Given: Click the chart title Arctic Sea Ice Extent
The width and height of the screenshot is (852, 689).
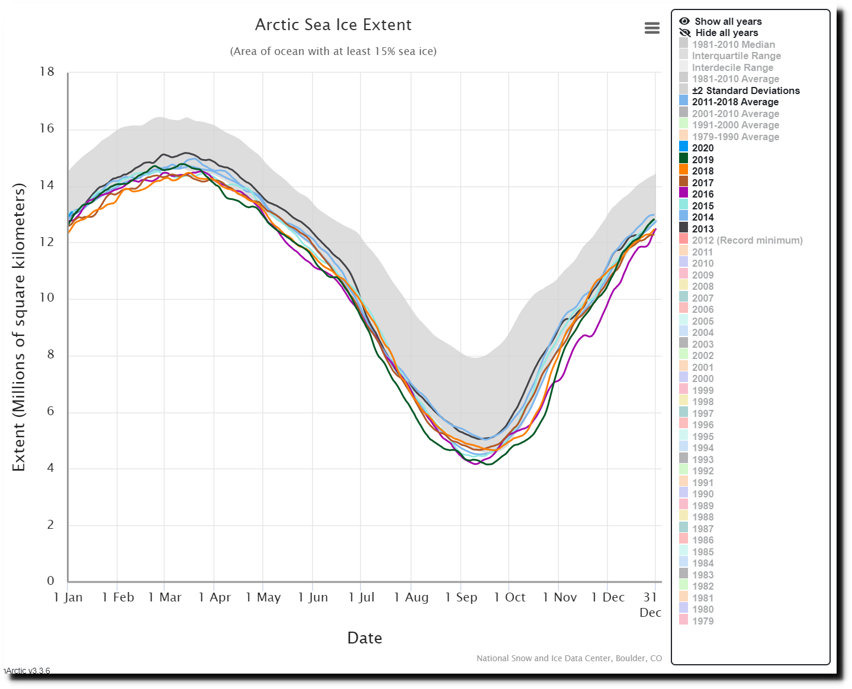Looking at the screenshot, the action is pyautogui.click(x=333, y=25).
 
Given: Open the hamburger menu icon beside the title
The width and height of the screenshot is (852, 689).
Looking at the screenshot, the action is pyautogui.click(x=652, y=28).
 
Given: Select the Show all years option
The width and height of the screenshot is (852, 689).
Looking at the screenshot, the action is pyautogui.click(x=721, y=21).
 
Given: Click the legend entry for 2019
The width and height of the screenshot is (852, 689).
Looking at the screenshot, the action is pyautogui.click(x=696, y=159).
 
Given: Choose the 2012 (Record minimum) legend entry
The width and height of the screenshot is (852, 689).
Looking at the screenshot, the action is pyautogui.click(x=741, y=240).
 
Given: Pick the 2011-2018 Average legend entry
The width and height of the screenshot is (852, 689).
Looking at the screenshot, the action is pyautogui.click(x=729, y=102).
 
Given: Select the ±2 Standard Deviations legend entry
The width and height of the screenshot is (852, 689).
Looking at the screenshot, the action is pyautogui.click(x=739, y=90).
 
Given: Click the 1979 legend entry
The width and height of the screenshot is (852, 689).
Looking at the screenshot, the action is pyautogui.click(x=696, y=621).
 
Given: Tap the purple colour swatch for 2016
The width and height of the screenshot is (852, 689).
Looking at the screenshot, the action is pyautogui.click(x=684, y=194).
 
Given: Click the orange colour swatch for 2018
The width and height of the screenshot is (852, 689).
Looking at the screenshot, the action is pyautogui.click(x=684, y=170).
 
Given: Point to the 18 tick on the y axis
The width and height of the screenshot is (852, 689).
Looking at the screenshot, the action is pyautogui.click(x=47, y=72).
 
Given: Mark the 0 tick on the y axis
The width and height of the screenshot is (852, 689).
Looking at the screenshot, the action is pyautogui.click(x=50, y=581).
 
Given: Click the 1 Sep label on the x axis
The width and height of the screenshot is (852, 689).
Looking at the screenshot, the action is pyautogui.click(x=461, y=597).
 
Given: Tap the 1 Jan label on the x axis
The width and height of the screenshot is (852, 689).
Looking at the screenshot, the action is pyautogui.click(x=68, y=597).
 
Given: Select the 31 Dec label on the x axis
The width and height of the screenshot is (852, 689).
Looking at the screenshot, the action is pyautogui.click(x=651, y=604).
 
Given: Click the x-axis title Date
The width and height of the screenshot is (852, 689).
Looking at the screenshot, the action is pyautogui.click(x=364, y=638).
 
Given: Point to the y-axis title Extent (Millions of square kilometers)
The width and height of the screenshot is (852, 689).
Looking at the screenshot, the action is pyautogui.click(x=18, y=327).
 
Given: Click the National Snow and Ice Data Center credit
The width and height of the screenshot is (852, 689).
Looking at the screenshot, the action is pyautogui.click(x=569, y=658).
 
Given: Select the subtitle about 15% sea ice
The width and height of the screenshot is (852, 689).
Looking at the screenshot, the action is pyautogui.click(x=333, y=51).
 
